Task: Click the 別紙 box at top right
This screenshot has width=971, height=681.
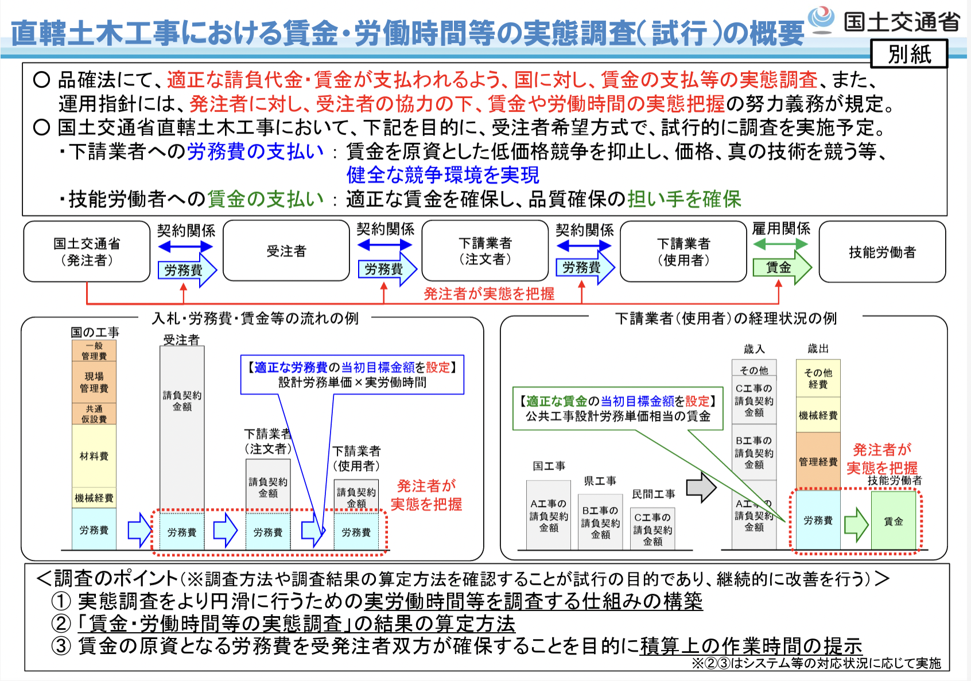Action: point(909,54)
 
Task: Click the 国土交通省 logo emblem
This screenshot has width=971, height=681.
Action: point(822,19)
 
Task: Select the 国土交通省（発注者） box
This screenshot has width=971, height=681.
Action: point(87,251)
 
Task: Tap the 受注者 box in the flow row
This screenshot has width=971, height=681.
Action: point(286,251)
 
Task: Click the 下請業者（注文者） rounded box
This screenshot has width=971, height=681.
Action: point(485,251)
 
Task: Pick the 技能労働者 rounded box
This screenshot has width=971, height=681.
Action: point(882,252)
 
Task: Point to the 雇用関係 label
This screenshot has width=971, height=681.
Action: point(781,229)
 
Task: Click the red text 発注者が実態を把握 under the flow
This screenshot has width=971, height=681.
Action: point(489,294)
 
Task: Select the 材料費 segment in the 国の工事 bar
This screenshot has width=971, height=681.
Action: point(94,456)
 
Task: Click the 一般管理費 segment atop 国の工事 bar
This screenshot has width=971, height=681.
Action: point(94,351)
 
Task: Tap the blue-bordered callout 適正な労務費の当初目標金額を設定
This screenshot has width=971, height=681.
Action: point(352,374)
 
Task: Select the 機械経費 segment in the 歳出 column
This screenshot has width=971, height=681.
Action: point(818,415)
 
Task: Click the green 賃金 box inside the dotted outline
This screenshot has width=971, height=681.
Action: point(893,521)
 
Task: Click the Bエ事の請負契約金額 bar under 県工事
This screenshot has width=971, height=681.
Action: point(600,522)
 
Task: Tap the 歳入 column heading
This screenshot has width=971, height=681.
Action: point(754,349)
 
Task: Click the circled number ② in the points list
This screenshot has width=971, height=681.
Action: point(61,624)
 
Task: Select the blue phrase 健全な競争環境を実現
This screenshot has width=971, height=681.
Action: point(442,175)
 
